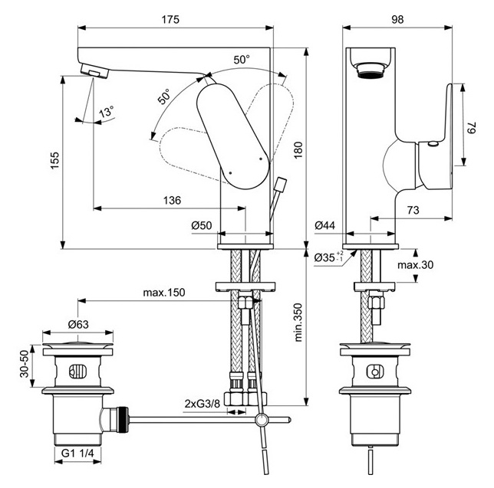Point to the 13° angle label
(x=106, y=112)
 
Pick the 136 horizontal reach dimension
(x=173, y=200)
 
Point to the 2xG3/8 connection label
(x=203, y=403)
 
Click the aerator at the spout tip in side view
(x=370, y=70)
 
